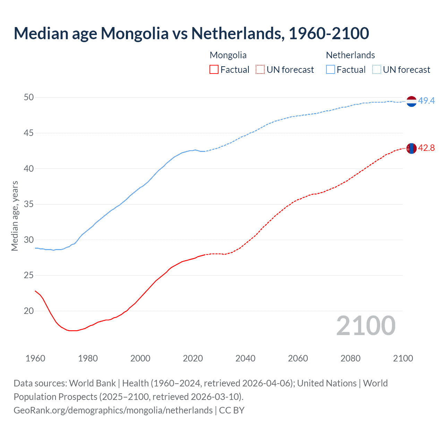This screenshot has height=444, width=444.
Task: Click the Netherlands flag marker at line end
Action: point(411,101)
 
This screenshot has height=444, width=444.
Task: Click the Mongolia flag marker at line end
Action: point(411,148)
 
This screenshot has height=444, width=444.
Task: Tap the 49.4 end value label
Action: point(426,101)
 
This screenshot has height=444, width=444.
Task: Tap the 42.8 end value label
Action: point(426,148)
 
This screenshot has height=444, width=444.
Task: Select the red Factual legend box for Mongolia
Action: point(214,70)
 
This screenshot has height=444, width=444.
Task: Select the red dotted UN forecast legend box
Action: point(260,70)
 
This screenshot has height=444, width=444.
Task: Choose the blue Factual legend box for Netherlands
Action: point(331,70)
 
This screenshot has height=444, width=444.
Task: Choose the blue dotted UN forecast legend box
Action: point(377,70)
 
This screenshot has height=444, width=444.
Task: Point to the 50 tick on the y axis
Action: point(29,97)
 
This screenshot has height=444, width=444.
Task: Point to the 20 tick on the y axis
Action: point(29,311)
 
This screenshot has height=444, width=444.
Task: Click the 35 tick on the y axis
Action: point(29,204)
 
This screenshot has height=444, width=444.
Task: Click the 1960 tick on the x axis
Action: point(35,358)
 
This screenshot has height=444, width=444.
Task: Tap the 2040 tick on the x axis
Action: point(245,358)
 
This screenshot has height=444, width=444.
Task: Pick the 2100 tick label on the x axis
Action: point(403,358)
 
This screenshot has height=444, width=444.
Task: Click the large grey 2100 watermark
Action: point(366,326)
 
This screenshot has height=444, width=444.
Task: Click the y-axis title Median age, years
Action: point(15,216)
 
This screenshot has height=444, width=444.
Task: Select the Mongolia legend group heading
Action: point(228,55)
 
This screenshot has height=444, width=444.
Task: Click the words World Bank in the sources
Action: point(92,383)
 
